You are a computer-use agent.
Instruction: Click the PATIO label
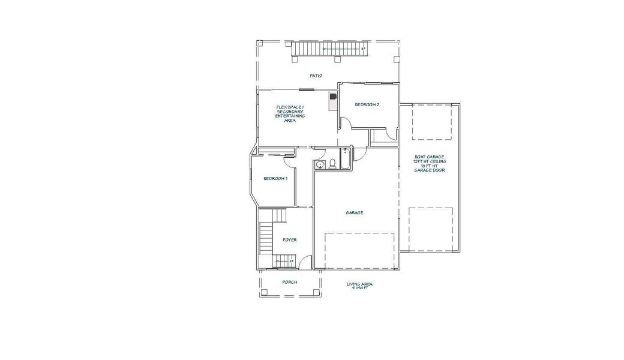pos(316,76)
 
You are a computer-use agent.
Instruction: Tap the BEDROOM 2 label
pos(367,105)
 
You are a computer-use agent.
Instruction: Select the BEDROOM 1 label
pos(275,179)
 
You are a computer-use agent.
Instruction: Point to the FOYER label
pos(290,240)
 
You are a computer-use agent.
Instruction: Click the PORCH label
pos(290,282)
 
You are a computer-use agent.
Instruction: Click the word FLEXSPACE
pos(290,107)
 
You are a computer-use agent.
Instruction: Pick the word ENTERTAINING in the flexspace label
pos(290,116)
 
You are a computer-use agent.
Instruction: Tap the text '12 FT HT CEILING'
pos(430,162)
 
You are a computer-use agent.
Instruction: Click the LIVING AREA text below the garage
pos(359,284)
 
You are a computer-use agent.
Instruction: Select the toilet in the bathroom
pos(332,163)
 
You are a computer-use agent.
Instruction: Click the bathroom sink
pos(320,164)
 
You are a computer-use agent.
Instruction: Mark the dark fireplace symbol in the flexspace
pos(333,95)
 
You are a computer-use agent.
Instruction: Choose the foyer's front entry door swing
pos(305,262)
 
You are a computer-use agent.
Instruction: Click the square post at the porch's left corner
pos(264,293)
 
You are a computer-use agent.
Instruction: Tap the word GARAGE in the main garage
pos(354,213)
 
